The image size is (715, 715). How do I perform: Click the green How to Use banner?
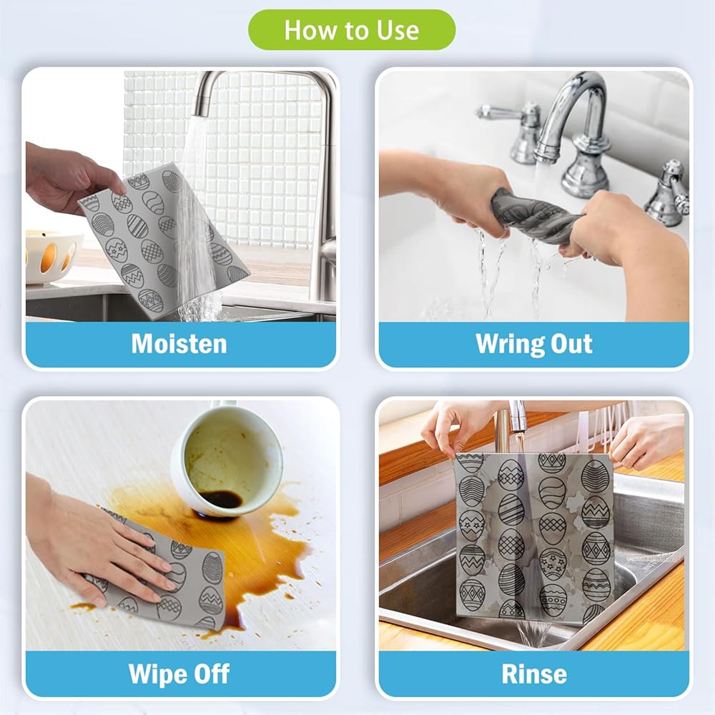click(x=352, y=29)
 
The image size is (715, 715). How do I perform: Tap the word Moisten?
click(x=179, y=344)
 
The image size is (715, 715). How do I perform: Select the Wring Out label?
click(x=533, y=345)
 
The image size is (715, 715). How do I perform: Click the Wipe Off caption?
click(x=179, y=674)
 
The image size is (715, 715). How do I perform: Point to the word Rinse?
click(x=534, y=674)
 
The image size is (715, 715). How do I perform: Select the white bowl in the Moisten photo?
click(x=52, y=257)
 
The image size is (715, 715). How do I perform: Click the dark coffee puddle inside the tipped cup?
click(x=221, y=499)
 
